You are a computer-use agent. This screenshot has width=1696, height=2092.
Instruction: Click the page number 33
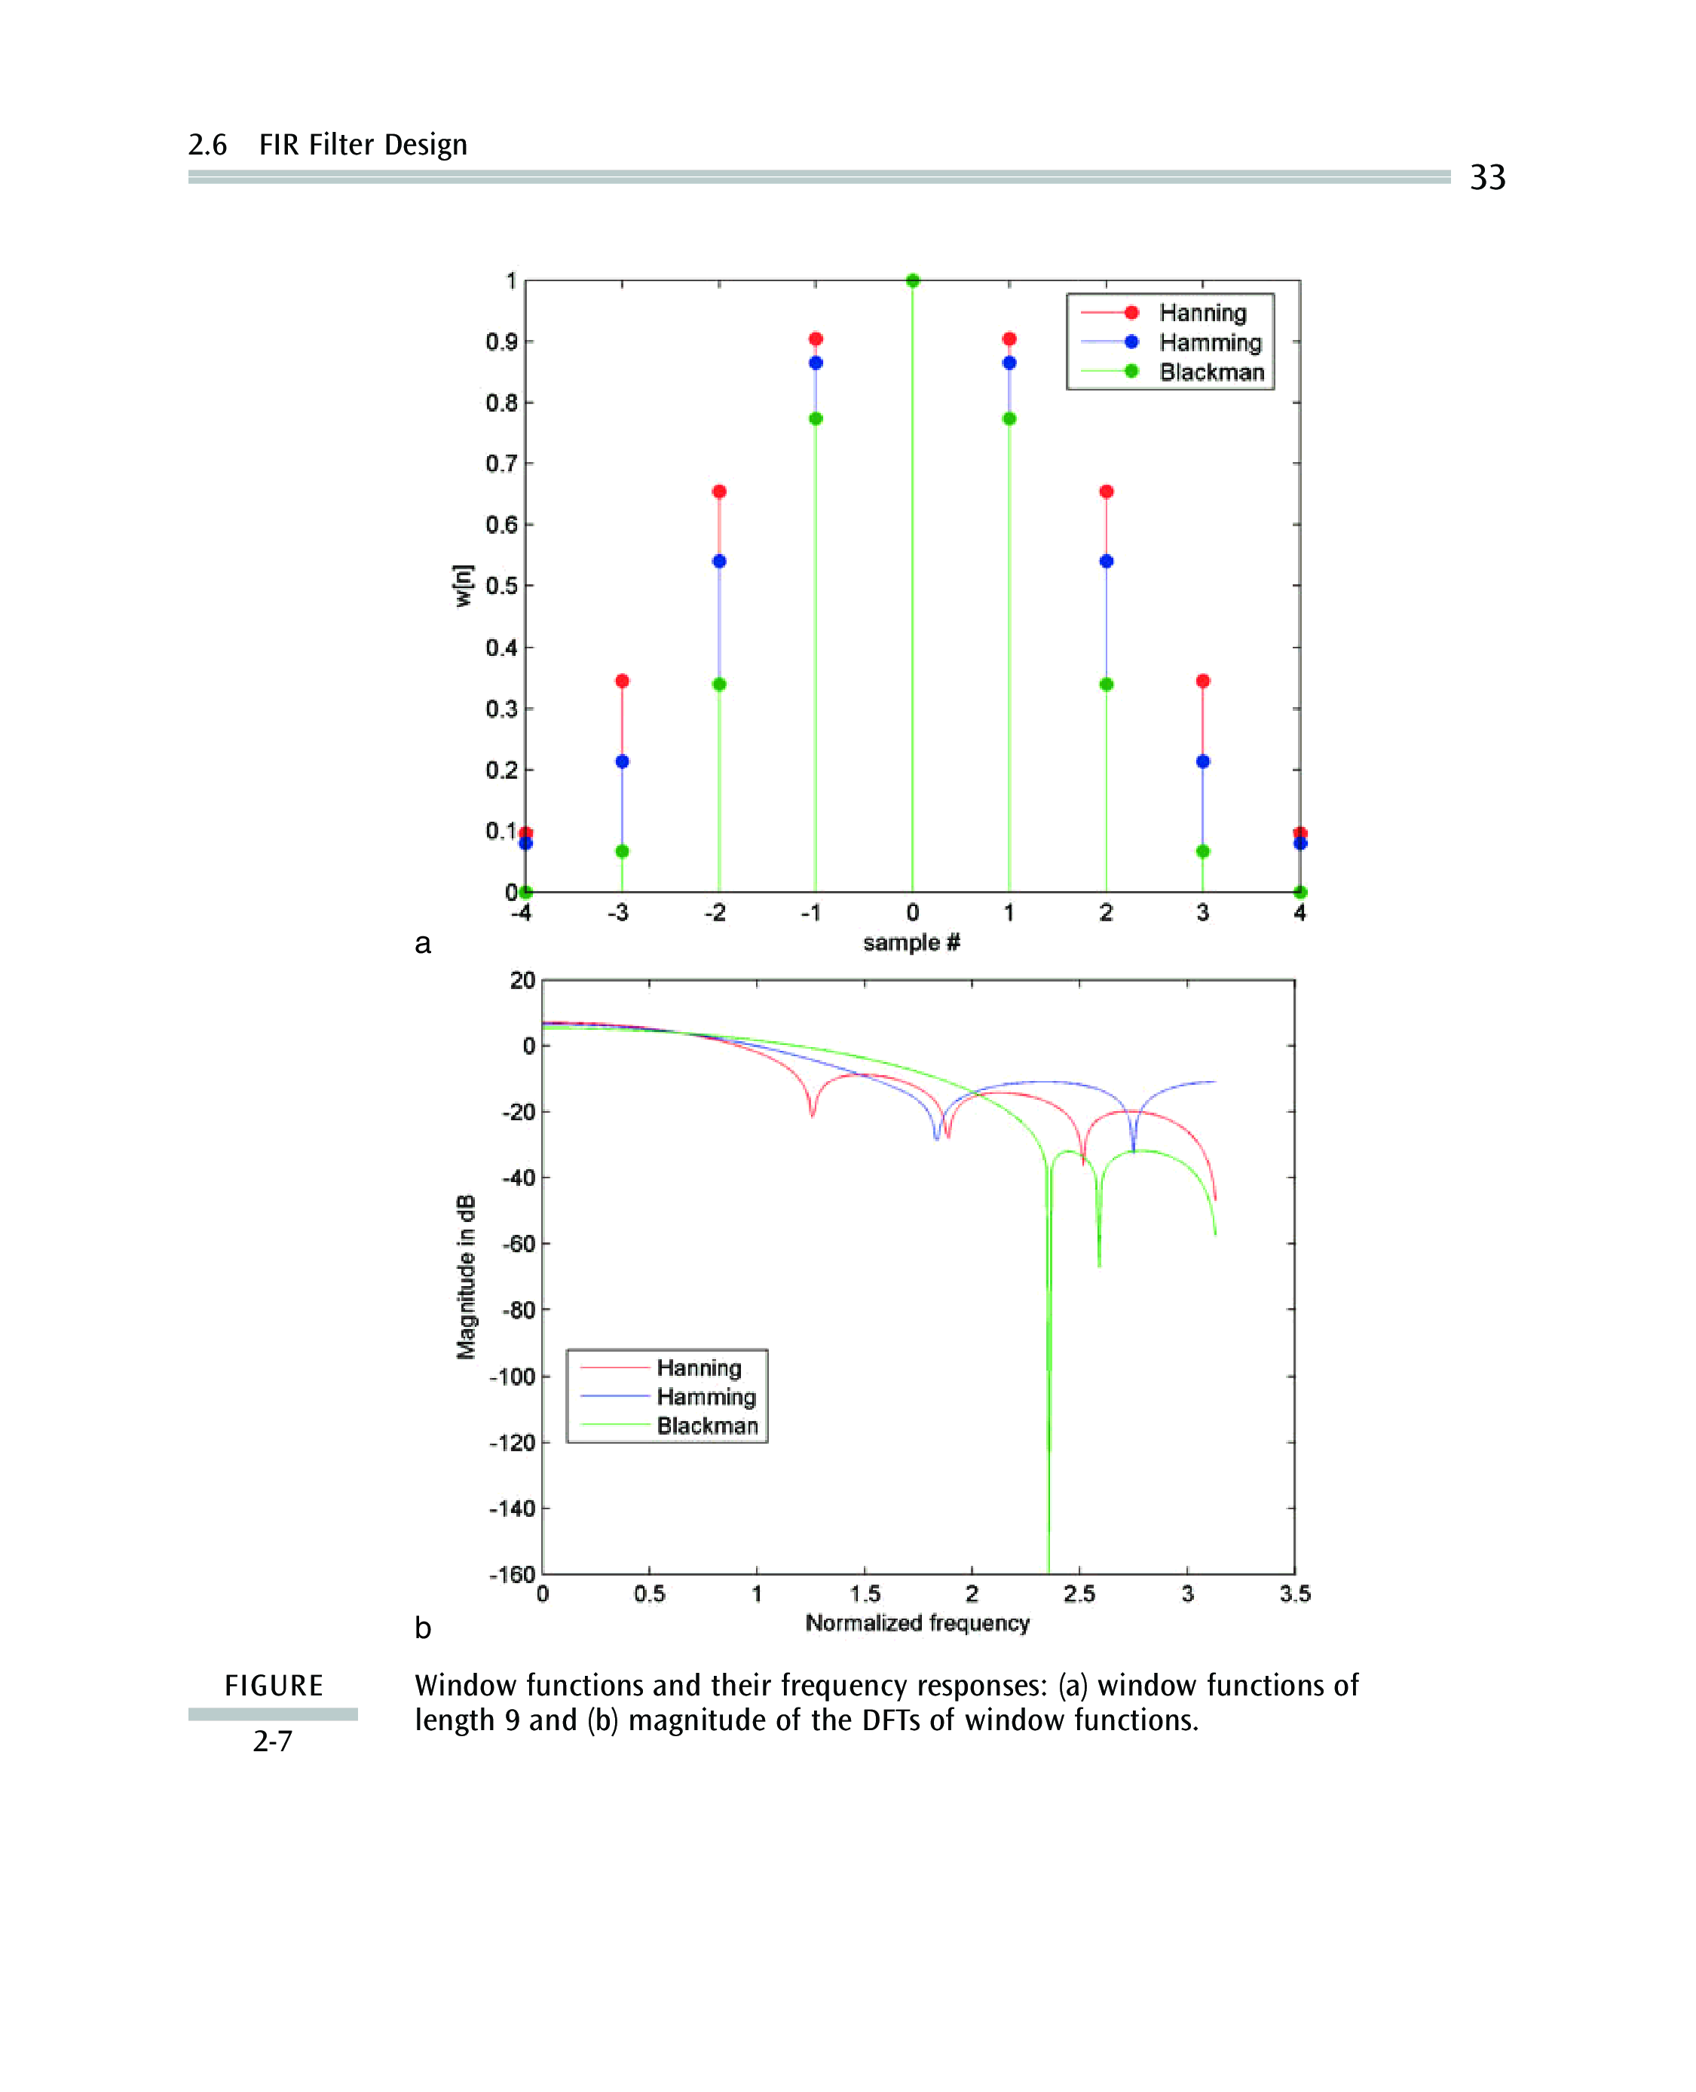1487,177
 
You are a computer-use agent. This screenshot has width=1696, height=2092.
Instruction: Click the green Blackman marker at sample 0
913,280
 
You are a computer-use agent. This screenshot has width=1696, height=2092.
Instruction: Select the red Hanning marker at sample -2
719,492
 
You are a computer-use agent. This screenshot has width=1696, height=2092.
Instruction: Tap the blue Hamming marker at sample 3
1202,761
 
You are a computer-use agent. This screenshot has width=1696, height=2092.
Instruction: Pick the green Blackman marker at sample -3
623,851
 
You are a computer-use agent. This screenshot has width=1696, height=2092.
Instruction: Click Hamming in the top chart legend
1211,342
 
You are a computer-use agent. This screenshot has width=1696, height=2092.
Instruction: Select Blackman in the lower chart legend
707,1426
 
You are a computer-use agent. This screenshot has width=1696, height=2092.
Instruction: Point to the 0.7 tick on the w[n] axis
501,463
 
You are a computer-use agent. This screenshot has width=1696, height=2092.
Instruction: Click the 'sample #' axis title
911,942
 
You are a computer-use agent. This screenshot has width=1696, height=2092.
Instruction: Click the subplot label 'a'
422,944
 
